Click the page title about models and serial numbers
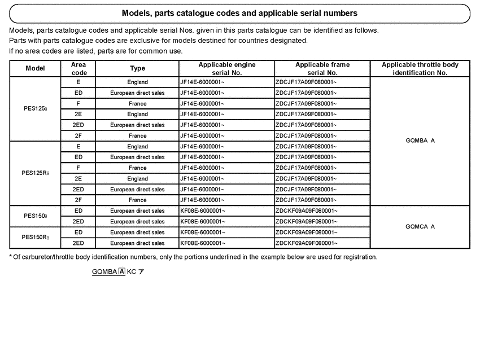click(239, 13)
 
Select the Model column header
click(35, 69)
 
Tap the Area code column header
click(78, 69)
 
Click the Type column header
click(137, 69)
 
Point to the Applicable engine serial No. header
click(226, 69)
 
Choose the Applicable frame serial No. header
click(322, 69)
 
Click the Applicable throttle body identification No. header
click(420, 69)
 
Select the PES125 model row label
click(35, 109)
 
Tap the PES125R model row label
click(36, 173)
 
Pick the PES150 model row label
click(35, 216)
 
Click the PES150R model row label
click(36, 238)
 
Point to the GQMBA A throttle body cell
click(420, 141)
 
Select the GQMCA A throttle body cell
click(420, 227)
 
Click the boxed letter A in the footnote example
click(122, 271)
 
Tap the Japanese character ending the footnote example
click(141, 271)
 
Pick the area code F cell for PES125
click(78, 104)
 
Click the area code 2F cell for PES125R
click(78, 200)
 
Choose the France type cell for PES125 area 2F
click(137, 136)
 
